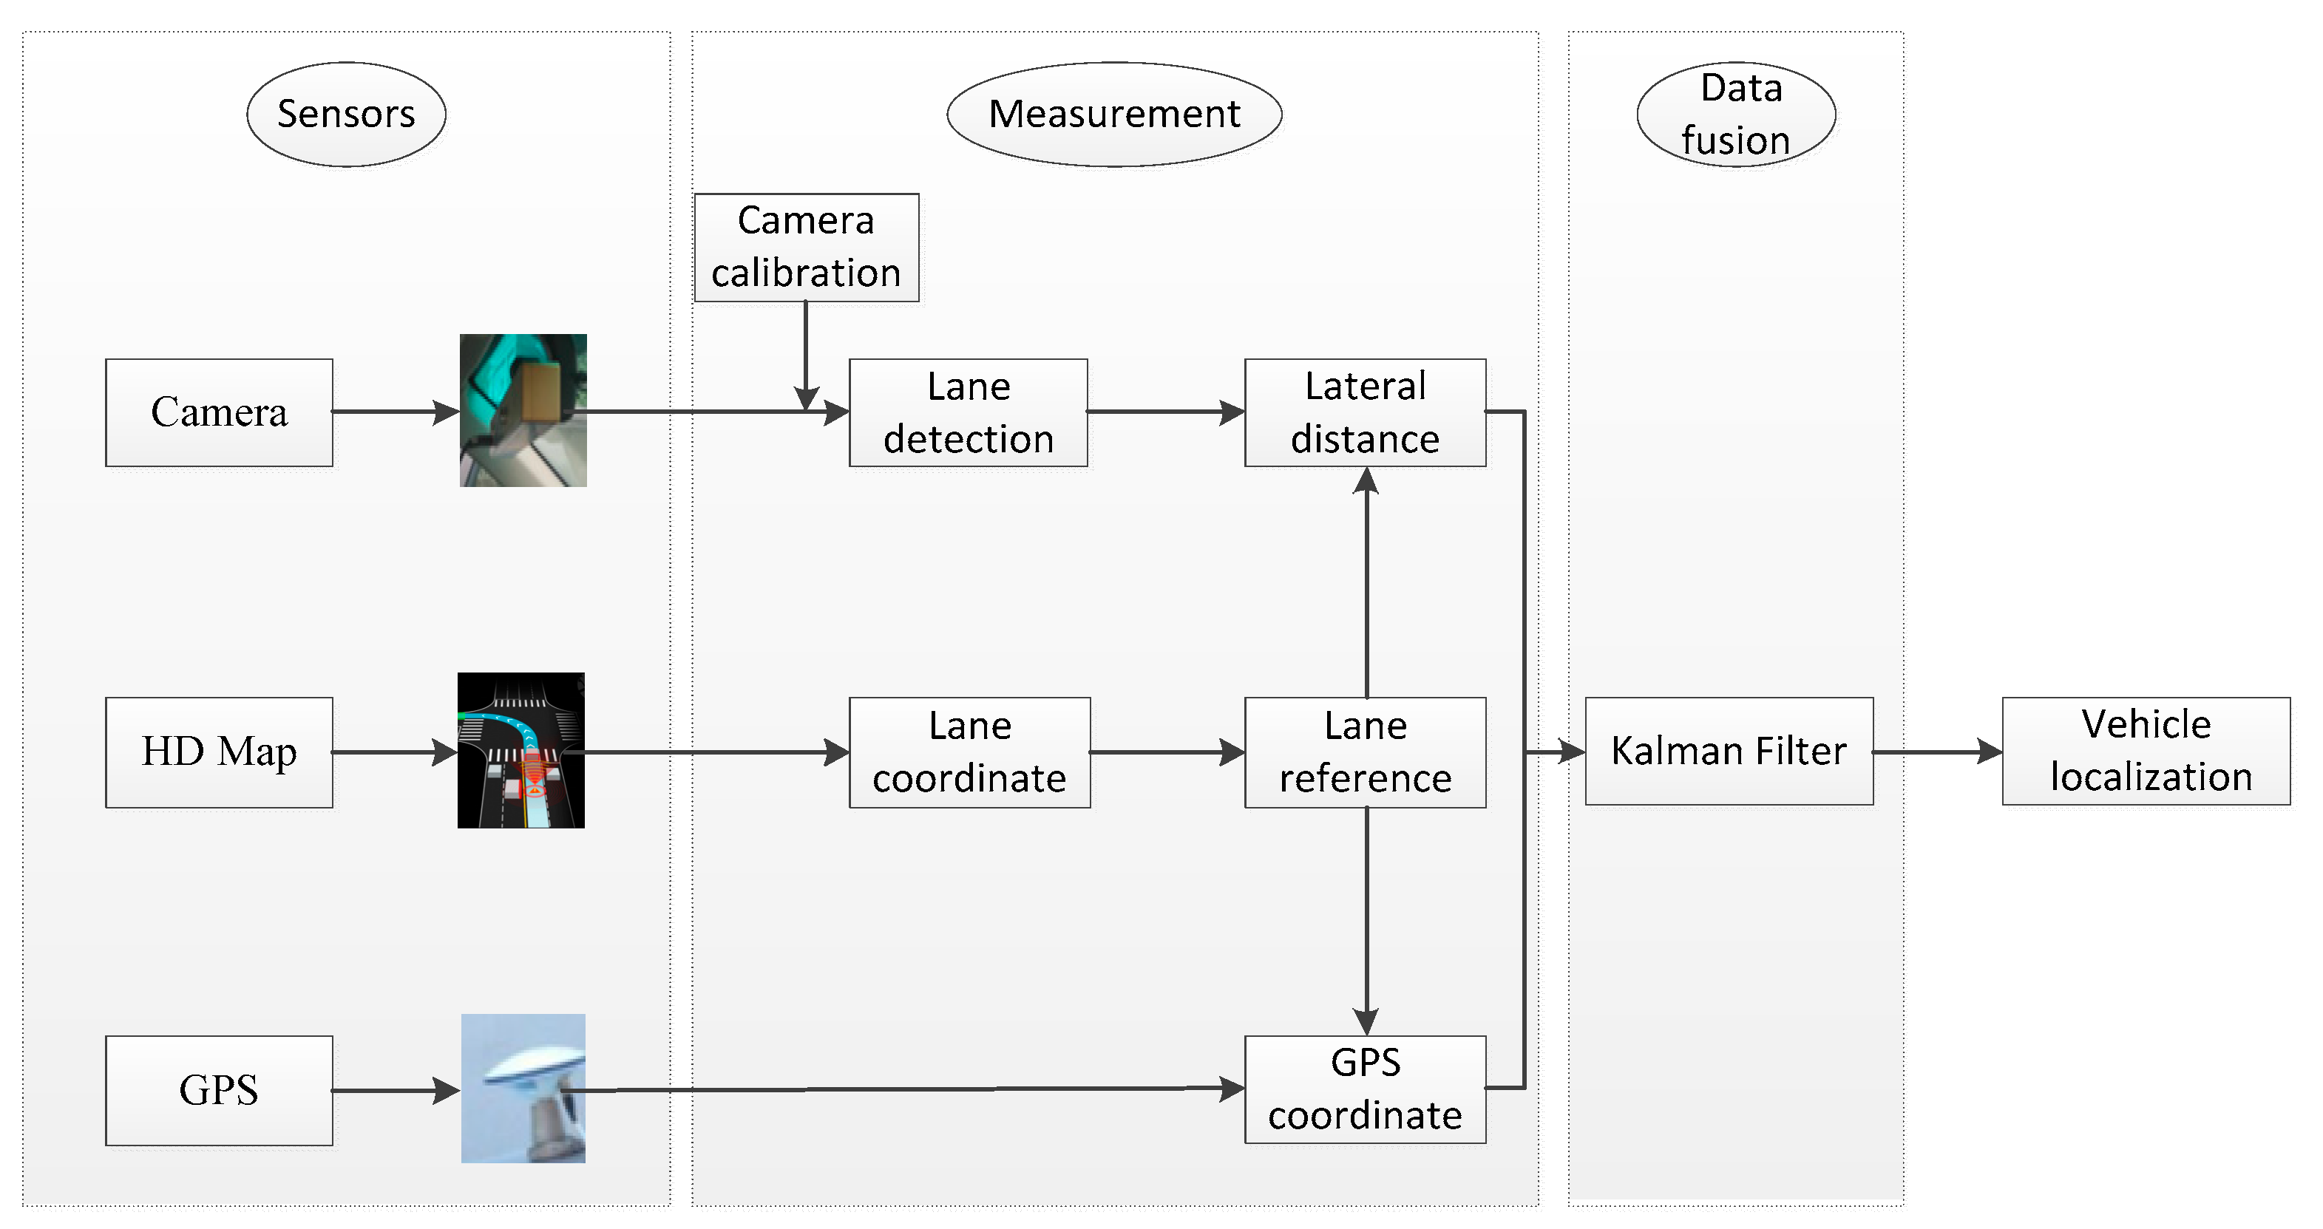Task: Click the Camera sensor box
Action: pyautogui.click(x=218, y=412)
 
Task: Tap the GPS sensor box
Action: pyautogui.click(x=218, y=1089)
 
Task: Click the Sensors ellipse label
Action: pyautogui.click(x=345, y=114)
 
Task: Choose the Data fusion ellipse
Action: pyautogui.click(x=1735, y=114)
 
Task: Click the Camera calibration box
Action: pyautogui.click(x=805, y=246)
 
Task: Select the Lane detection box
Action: pyautogui.click(x=968, y=412)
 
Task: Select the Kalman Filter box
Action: pyautogui.click(x=1728, y=750)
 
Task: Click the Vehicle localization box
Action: pyautogui.click(x=2146, y=750)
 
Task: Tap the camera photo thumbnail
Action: pyautogui.click(x=523, y=410)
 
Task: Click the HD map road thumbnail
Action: pyautogui.click(x=520, y=750)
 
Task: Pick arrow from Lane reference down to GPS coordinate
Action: pyautogui.click(x=1366, y=920)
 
